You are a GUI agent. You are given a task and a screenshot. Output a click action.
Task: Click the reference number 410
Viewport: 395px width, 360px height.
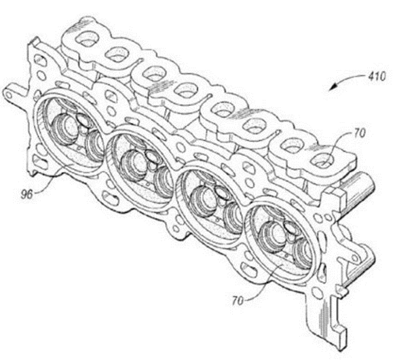[x=377, y=76]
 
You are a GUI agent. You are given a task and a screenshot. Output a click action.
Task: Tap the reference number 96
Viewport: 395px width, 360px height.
[x=27, y=194]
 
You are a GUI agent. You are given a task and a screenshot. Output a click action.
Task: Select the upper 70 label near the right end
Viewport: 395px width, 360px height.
[x=360, y=134]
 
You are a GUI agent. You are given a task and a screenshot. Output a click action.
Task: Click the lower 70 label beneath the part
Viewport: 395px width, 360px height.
[x=238, y=300]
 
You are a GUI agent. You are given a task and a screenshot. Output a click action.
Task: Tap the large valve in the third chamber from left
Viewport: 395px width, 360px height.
[x=204, y=198]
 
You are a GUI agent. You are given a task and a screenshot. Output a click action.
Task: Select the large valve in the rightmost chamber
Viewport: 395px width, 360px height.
[x=274, y=235]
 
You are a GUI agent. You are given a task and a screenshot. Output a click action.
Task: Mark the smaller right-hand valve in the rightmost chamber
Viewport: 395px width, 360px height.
[x=304, y=252]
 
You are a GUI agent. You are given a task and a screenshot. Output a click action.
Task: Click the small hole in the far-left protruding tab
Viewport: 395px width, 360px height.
[x=8, y=96]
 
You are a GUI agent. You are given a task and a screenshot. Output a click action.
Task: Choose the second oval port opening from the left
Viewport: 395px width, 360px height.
[x=115, y=54]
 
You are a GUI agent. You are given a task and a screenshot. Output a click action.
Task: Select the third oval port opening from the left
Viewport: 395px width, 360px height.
[x=154, y=73]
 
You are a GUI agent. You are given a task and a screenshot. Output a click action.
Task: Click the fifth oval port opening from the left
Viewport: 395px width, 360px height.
[x=223, y=109]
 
